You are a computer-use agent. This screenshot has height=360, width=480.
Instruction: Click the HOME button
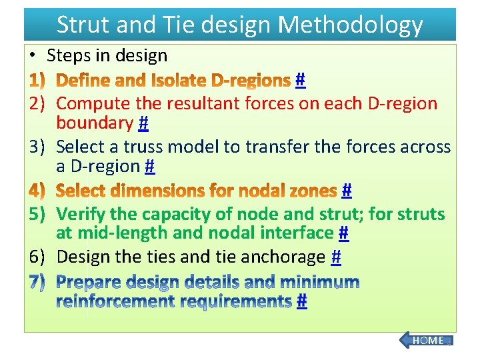pyautogui.click(x=427, y=341)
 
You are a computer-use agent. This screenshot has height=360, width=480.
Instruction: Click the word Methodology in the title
pyautogui.click(x=350, y=25)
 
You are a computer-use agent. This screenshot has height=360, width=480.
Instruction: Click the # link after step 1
pyautogui.click(x=300, y=81)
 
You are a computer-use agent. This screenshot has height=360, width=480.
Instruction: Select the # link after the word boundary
pyautogui.click(x=143, y=123)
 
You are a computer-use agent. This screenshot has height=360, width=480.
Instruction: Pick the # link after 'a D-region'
pyautogui.click(x=150, y=166)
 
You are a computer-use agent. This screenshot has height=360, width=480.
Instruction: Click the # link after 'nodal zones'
pyautogui.click(x=346, y=191)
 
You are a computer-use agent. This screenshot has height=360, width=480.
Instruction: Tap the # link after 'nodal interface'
pyautogui.click(x=343, y=233)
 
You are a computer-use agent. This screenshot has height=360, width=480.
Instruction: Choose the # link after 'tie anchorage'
pyautogui.click(x=336, y=257)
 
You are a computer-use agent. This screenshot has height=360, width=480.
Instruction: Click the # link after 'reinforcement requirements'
pyautogui.click(x=301, y=302)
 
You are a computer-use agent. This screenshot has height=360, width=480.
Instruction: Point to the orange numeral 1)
pyautogui.click(x=37, y=81)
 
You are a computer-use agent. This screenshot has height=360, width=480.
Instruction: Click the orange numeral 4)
pyautogui.click(x=37, y=191)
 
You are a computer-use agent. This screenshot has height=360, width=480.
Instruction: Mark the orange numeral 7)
pyautogui.click(x=37, y=282)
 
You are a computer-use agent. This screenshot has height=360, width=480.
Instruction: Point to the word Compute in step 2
pyautogui.click(x=95, y=104)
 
